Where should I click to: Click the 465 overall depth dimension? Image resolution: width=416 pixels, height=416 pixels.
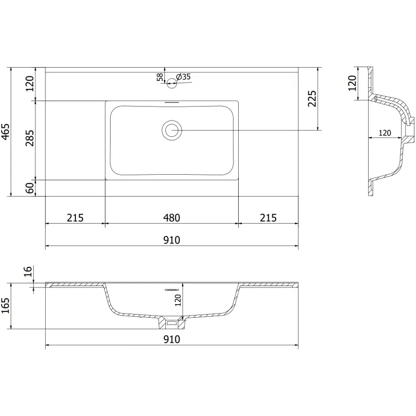pyautogui.click(x=5, y=132)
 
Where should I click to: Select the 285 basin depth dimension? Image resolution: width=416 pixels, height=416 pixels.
pyautogui.click(x=30, y=139)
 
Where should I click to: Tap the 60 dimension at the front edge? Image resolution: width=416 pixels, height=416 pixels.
pyautogui.click(x=30, y=188)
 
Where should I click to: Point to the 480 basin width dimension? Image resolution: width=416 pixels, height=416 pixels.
pyautogui.click(x=172, y=218)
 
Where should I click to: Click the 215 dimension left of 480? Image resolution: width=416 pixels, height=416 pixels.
pyautogui.click(x=75, y=218)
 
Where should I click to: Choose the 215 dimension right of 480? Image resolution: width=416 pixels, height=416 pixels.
pyautogui.click(x=268, y=218)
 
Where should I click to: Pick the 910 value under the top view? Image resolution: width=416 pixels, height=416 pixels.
pyautogui.click(x=172, y=240)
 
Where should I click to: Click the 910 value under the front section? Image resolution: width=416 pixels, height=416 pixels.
pyautogui.click(x=172, y=340)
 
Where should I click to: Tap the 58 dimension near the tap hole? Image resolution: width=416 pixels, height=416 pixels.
pyautogui.click(x=160, y=77)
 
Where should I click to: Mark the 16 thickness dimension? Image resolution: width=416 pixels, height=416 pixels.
pyautogui.click(x=29, y=271)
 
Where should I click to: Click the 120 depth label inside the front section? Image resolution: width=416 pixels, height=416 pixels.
pyautogui.click(x=177, y=300)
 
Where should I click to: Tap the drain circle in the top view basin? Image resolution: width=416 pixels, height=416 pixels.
pyautogui.click(x=172, y=130)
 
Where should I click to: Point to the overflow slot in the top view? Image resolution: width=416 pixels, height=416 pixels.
pyautogui.click(x=172, y=102)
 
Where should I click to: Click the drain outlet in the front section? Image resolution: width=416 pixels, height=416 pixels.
pyautogui.click(x=172, y=323)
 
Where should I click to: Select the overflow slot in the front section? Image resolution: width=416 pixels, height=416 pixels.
pyautogui.click(x=172, y=288)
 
